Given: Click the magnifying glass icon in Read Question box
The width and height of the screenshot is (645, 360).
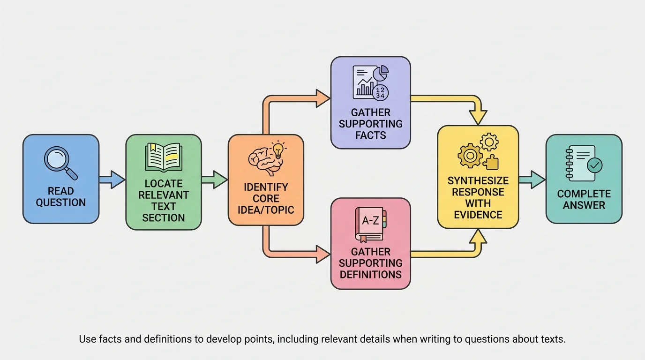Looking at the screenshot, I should tap(60, 162).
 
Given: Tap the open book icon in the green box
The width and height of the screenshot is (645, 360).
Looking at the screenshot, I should tap(164, 157).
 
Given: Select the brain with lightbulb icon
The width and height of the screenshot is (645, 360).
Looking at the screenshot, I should tap(266, 157).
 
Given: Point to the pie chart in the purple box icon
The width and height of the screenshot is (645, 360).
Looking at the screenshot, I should tap(383, 72).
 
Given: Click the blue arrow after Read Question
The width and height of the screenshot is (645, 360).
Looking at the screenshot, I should tap(112, 180).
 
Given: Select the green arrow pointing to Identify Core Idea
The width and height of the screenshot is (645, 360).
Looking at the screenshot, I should tap(215, 180).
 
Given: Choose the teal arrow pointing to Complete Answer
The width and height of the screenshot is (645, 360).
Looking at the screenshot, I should tap(532, 180).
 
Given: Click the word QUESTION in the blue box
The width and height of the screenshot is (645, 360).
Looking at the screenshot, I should tap(61, 202).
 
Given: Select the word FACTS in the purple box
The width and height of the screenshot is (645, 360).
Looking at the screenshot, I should tap(370, 135).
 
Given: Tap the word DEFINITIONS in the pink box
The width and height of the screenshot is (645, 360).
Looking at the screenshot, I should tap(370, 274).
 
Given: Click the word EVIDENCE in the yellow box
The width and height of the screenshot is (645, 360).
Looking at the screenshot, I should tap(478, 215).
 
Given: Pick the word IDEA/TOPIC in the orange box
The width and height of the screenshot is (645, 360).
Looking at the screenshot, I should tap(266, 209).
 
